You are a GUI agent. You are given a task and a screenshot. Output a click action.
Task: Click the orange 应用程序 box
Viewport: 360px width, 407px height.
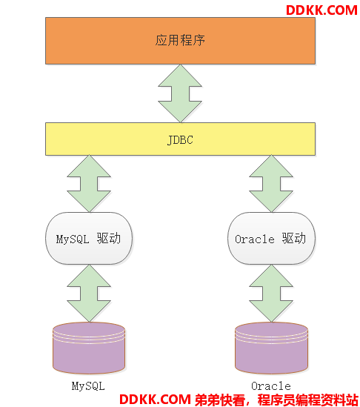click(x=180, y=41)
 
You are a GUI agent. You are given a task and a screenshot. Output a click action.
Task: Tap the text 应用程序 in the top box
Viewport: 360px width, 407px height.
click(x=180, y=40)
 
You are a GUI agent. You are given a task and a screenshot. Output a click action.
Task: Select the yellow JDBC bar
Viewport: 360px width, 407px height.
click(x=180, y=139)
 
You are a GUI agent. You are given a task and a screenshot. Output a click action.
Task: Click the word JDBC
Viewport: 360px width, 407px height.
click(x=180, y=140)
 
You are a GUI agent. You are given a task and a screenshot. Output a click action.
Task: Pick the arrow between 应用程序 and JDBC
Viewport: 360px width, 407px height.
click(x=180, y=93)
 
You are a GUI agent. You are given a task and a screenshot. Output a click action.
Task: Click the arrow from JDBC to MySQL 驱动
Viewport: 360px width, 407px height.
click(x=89, y=184)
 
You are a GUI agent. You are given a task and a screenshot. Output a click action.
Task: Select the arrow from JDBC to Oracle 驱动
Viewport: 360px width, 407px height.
click(x=271, y=184)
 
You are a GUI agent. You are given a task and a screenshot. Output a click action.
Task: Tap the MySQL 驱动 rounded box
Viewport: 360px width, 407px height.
click(x=89, y=238)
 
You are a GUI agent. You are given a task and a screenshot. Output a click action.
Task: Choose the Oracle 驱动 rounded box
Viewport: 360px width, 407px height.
click(x=272, y=238)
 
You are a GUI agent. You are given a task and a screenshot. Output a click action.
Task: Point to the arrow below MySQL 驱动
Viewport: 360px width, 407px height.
click(x=89, y=294)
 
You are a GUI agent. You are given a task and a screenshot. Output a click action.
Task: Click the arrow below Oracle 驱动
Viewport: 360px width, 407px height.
click(x=271, y=294)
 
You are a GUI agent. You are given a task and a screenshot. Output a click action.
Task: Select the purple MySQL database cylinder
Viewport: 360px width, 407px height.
click(x=89, y=348)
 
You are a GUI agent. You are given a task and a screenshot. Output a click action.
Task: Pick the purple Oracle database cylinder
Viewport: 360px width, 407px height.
click(x=272, y=348)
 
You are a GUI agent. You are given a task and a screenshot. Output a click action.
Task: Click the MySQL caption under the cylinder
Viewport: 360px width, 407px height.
click(x=88, y=386)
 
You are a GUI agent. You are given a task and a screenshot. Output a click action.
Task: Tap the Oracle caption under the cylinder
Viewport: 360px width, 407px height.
click(x=271, y=386)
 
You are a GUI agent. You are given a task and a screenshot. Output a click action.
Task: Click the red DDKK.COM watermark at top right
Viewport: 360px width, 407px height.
click(x=322, y=10)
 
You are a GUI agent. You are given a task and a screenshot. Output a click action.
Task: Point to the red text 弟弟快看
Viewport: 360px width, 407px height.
click(x=220, y=400)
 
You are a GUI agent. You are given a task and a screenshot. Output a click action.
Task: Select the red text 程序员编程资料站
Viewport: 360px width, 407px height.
click(x=308, y=400)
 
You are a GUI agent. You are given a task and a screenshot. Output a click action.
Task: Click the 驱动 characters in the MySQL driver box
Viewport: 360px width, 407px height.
click(x=109, y=238)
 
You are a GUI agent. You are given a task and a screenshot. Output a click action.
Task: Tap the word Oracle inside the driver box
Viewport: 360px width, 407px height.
click(x=255, y=239)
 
